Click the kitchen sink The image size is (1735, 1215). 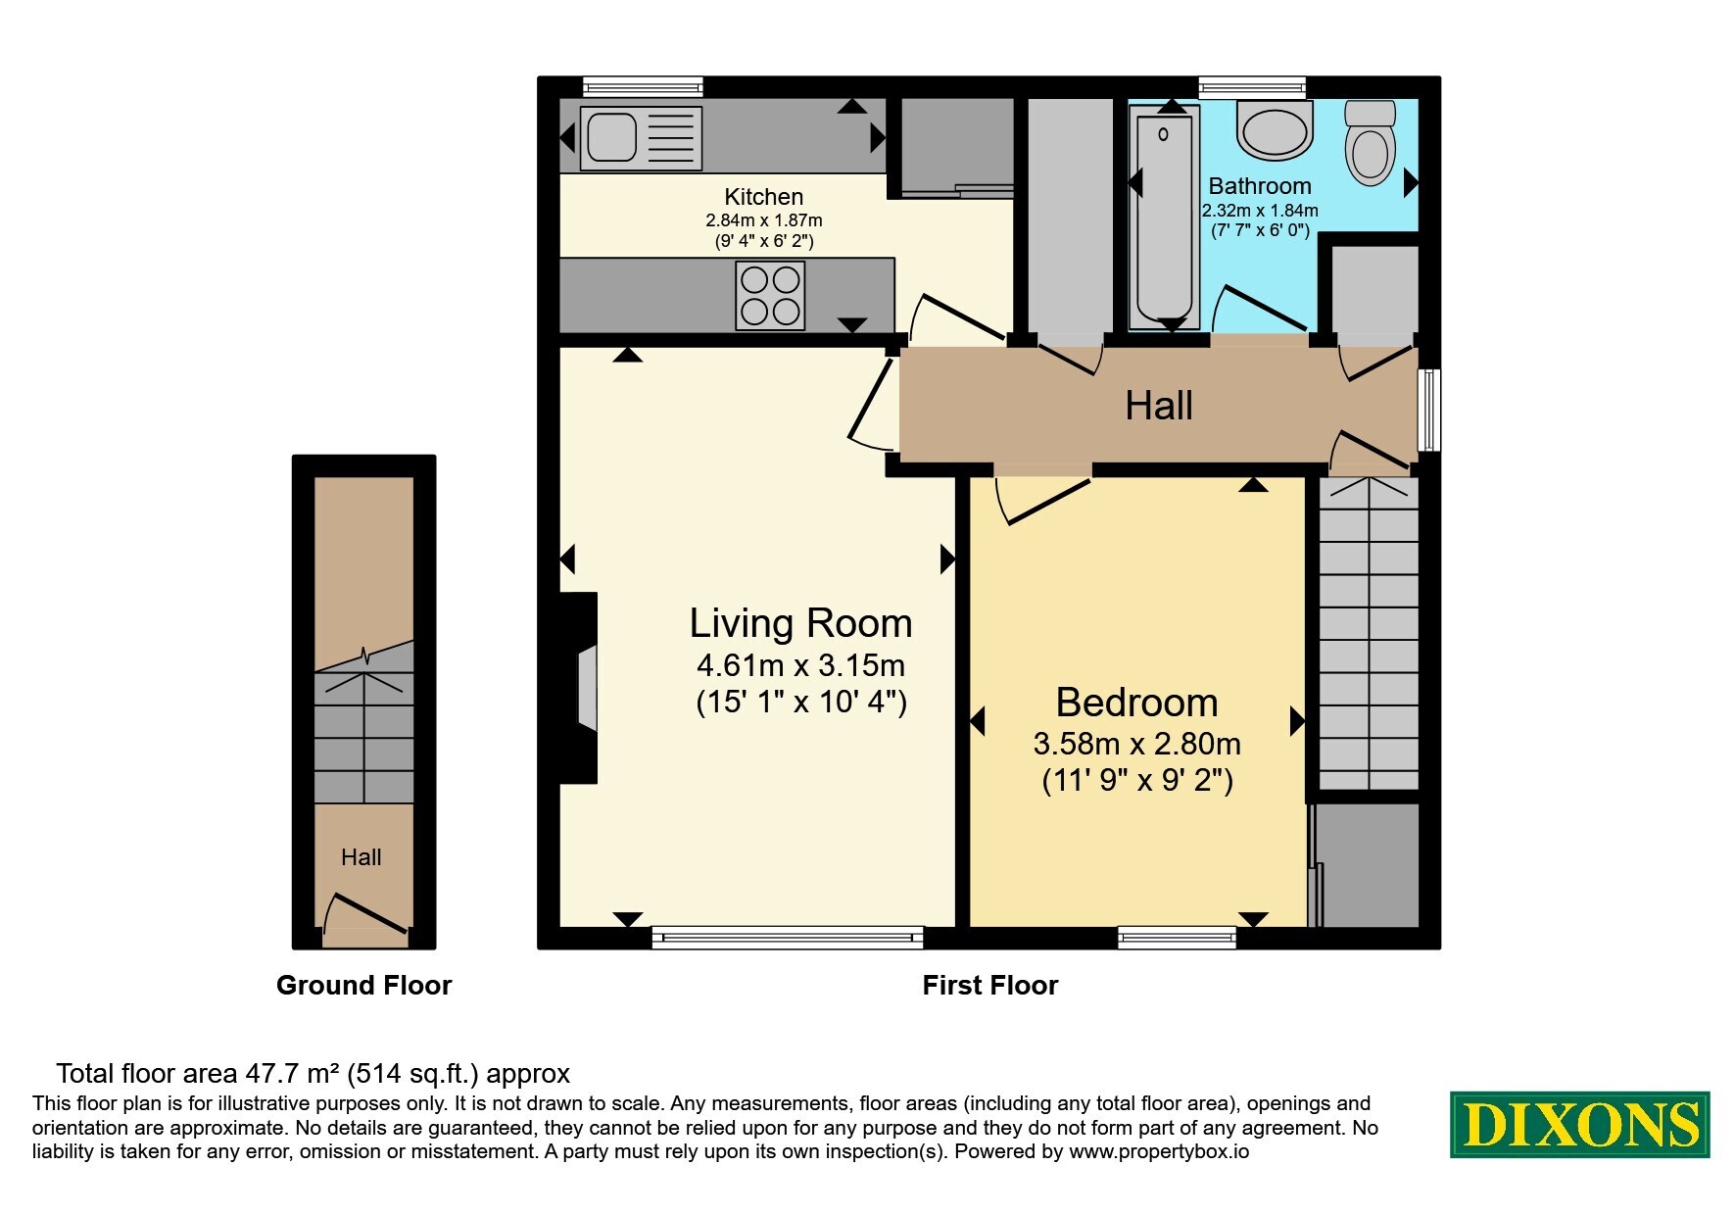point(642,138)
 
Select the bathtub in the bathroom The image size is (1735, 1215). point(1164,218)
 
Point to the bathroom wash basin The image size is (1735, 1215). point(1274,131)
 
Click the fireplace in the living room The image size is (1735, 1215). point(579,688)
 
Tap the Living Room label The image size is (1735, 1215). point(800,623)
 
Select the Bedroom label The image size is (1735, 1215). point(1136,703)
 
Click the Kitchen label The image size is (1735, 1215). point(764,197)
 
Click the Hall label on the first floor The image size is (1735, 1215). point(1159,406)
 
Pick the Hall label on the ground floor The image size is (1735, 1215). point(361,857)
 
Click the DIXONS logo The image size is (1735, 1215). point(1579,1125)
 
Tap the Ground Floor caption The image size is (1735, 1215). point(363,986)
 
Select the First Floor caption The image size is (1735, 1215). point(990,986)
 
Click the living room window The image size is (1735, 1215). point(788,938)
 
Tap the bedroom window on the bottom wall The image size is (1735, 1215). point(1177,938)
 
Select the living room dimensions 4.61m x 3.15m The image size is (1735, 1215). point(800,666)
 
